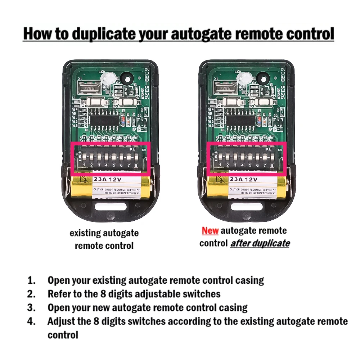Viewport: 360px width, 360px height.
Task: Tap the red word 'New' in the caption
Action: pos(210,231)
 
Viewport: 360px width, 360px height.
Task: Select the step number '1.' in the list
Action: pos(32,280)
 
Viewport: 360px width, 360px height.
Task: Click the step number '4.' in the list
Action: pos(32,321)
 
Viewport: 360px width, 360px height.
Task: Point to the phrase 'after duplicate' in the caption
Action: pos(260,243)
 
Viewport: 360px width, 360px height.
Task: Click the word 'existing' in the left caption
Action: pos(85,233)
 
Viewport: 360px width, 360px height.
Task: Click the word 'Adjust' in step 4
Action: pos(61,321)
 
